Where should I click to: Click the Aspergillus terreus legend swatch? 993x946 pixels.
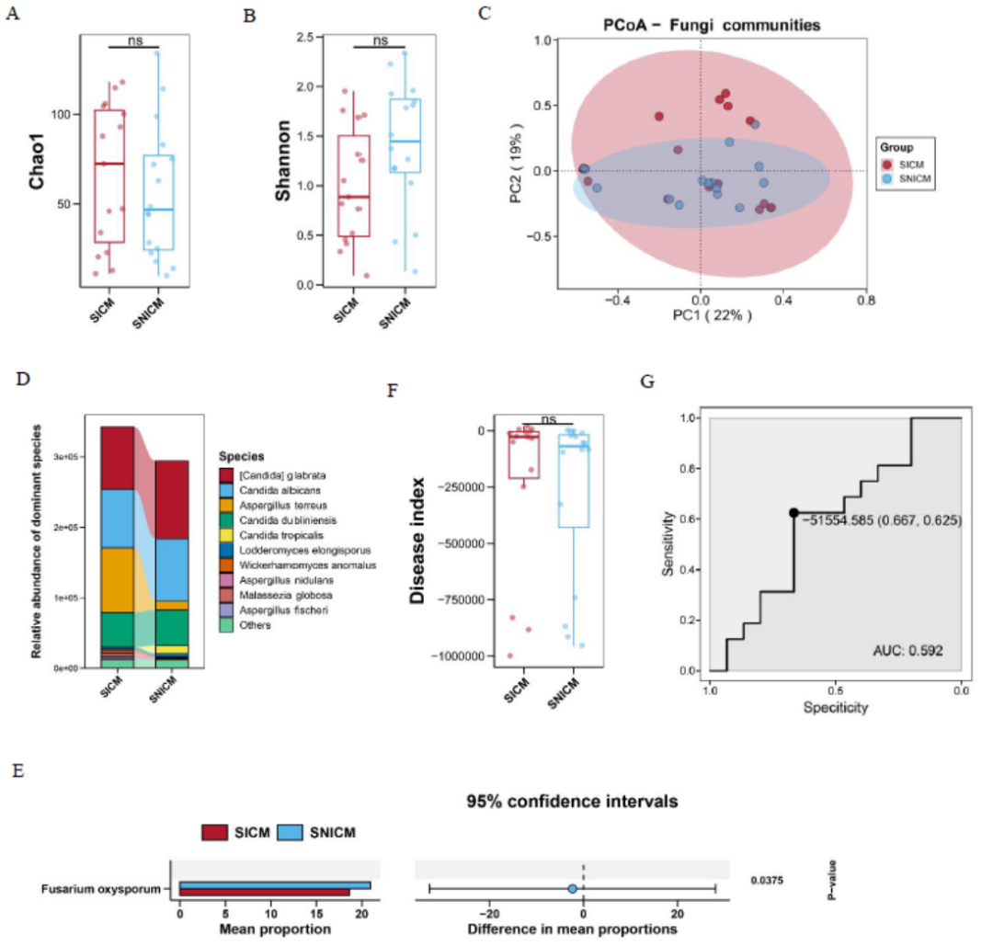(226, 505)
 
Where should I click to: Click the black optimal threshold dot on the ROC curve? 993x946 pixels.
(793, 513)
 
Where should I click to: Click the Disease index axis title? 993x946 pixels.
(417, 541)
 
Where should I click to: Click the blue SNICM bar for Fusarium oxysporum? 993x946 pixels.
(275, 884)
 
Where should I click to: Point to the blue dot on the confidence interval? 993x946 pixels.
(572, 889)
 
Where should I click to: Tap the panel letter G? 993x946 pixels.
(645, 381)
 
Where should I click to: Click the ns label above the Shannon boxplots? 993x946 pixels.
(381, 40)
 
